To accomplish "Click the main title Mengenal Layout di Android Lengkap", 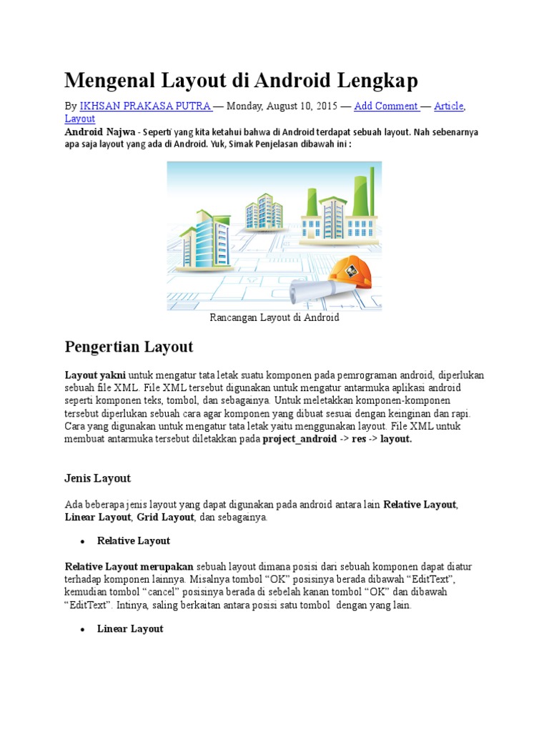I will [x=241, y=80].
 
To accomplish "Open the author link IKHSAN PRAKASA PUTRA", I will [x=145, y=107].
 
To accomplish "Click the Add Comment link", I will [x=386, y=107].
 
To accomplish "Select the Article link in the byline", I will [x=448, y=107].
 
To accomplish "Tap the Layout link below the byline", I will [x=79, y=119].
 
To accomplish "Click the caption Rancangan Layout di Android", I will [x=274, y=317].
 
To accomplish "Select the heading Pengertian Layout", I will [x=129, y=347].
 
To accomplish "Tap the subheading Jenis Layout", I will [x=98, y=478].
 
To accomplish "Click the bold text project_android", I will [x=299, y=439].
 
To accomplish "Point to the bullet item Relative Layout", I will [x=134, y=540].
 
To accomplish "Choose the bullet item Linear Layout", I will [x=130, y=629].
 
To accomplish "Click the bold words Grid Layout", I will [x=165, y=516].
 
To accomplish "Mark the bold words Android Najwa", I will [x=99, y=133].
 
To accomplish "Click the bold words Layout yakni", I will [x=95, y=375].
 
